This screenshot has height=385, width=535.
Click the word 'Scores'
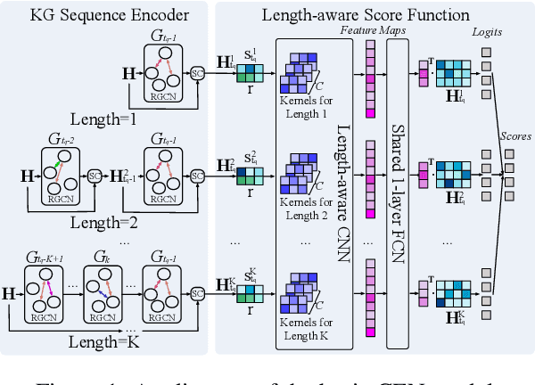click(514, 137)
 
